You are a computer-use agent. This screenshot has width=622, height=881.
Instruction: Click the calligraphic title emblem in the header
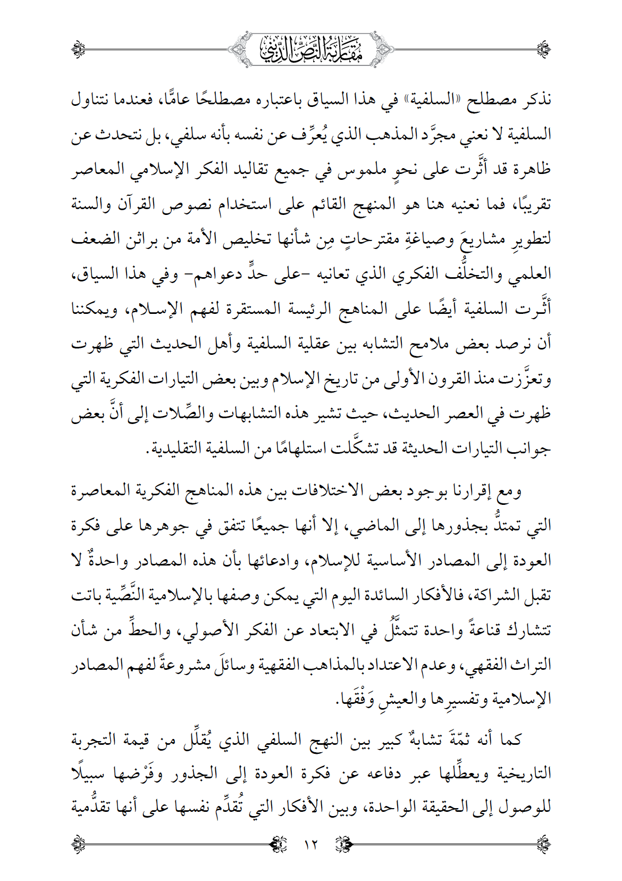(311, 49)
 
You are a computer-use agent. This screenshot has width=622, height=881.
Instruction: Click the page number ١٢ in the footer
(310, 844)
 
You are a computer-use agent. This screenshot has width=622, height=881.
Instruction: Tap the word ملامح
(428, 344)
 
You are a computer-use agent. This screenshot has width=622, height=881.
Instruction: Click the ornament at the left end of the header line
(79, 49)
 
